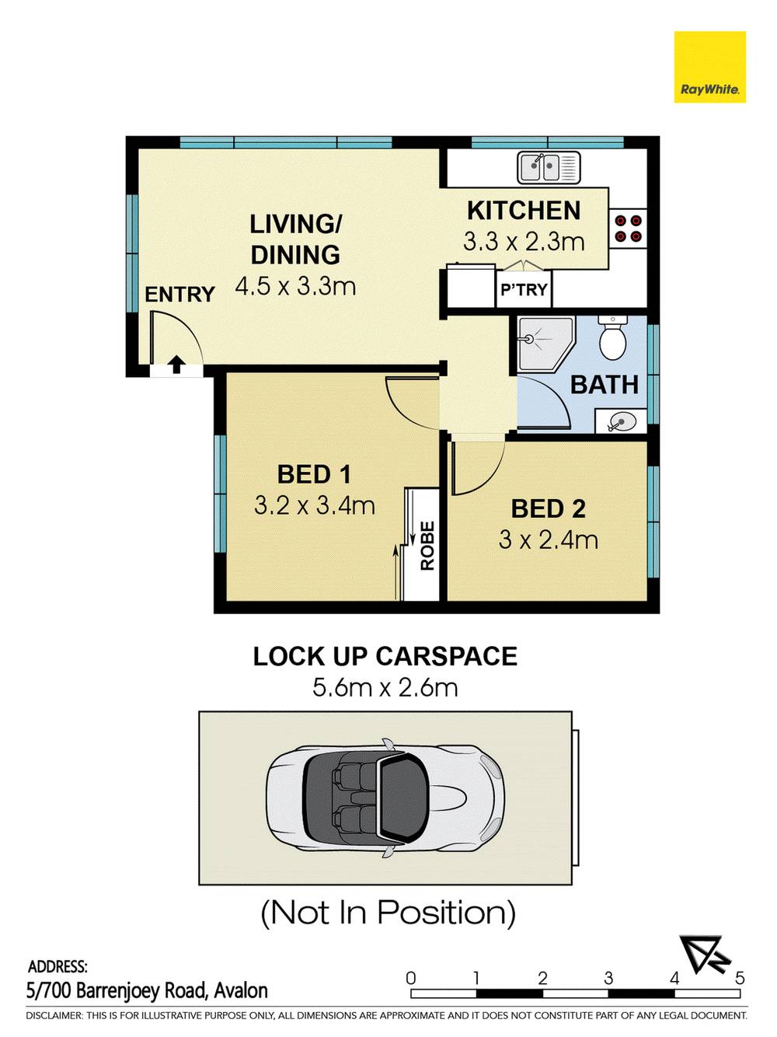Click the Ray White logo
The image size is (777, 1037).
coord(709,67)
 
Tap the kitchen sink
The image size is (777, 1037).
coord(549,167)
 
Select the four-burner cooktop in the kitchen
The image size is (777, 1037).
coord(628,228)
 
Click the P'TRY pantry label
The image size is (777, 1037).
coord(524,289)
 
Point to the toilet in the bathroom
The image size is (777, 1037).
coord(613,337)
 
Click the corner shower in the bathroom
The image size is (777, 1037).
coord(546,344)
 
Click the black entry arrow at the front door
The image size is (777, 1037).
coord(176,365)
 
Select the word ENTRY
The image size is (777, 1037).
coord(179,295)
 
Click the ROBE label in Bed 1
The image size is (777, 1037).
coord(427,546)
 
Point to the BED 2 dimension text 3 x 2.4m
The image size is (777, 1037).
coord(548,540)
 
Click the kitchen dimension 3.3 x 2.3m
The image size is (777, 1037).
coord(524,242)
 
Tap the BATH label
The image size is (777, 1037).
coord(605,385)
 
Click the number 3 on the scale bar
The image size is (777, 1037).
coord(608,977)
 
